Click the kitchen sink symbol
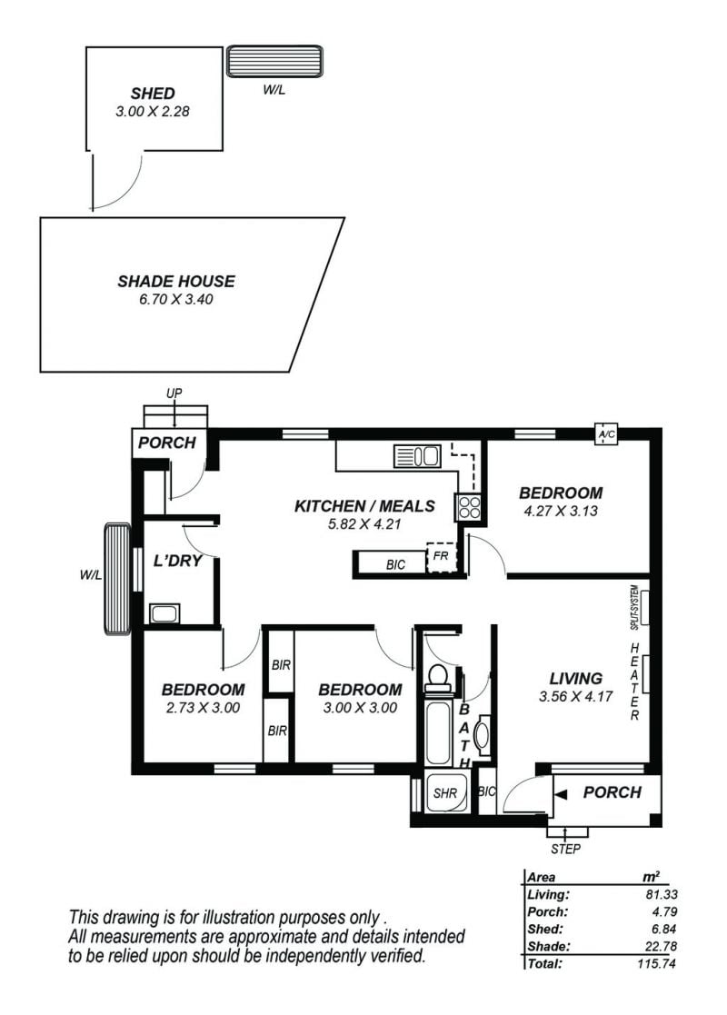click(417, 456)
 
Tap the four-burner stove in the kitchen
click(469, 507)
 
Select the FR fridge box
click(442, 557)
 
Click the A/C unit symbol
click(606, 433)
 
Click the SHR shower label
click(445, 793)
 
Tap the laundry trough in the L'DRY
click(164, 613)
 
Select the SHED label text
click(153, 94)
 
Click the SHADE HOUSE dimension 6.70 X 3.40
click(176, 299)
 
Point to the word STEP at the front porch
click(566, 849)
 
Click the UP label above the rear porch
click(174, 393)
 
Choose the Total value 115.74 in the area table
click(656, 963)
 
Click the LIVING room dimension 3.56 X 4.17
click(575, 697)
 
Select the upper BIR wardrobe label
click(281, 665)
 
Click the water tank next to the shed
click(274, 62)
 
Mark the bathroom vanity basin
click(483, 735)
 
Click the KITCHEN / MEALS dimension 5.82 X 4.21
click(364, 524)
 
